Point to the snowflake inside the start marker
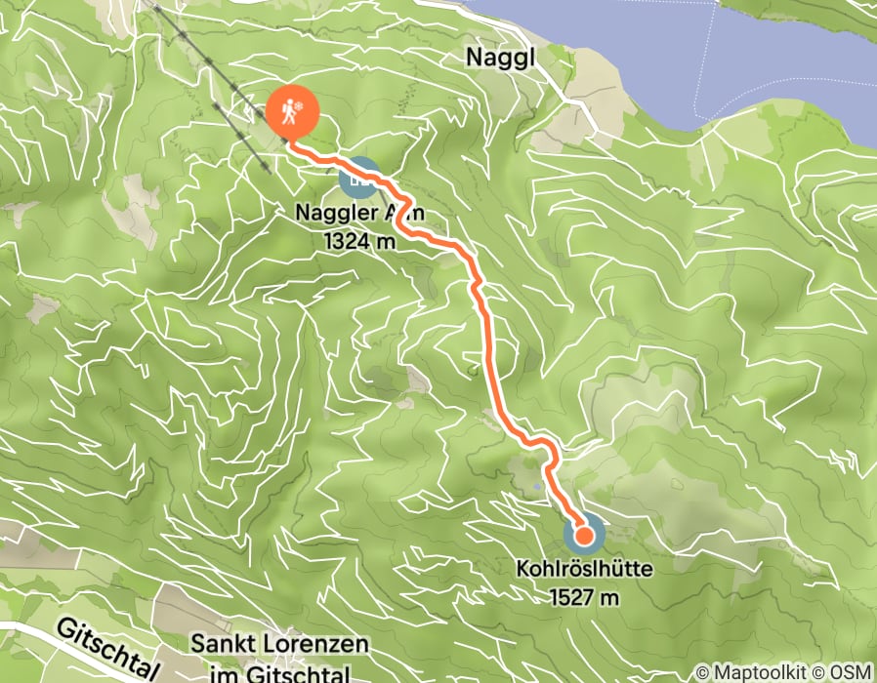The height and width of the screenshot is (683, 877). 302,106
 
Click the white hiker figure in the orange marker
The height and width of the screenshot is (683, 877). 290,114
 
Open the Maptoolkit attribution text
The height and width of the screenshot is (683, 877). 768,672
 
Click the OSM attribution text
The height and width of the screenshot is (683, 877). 853,672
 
